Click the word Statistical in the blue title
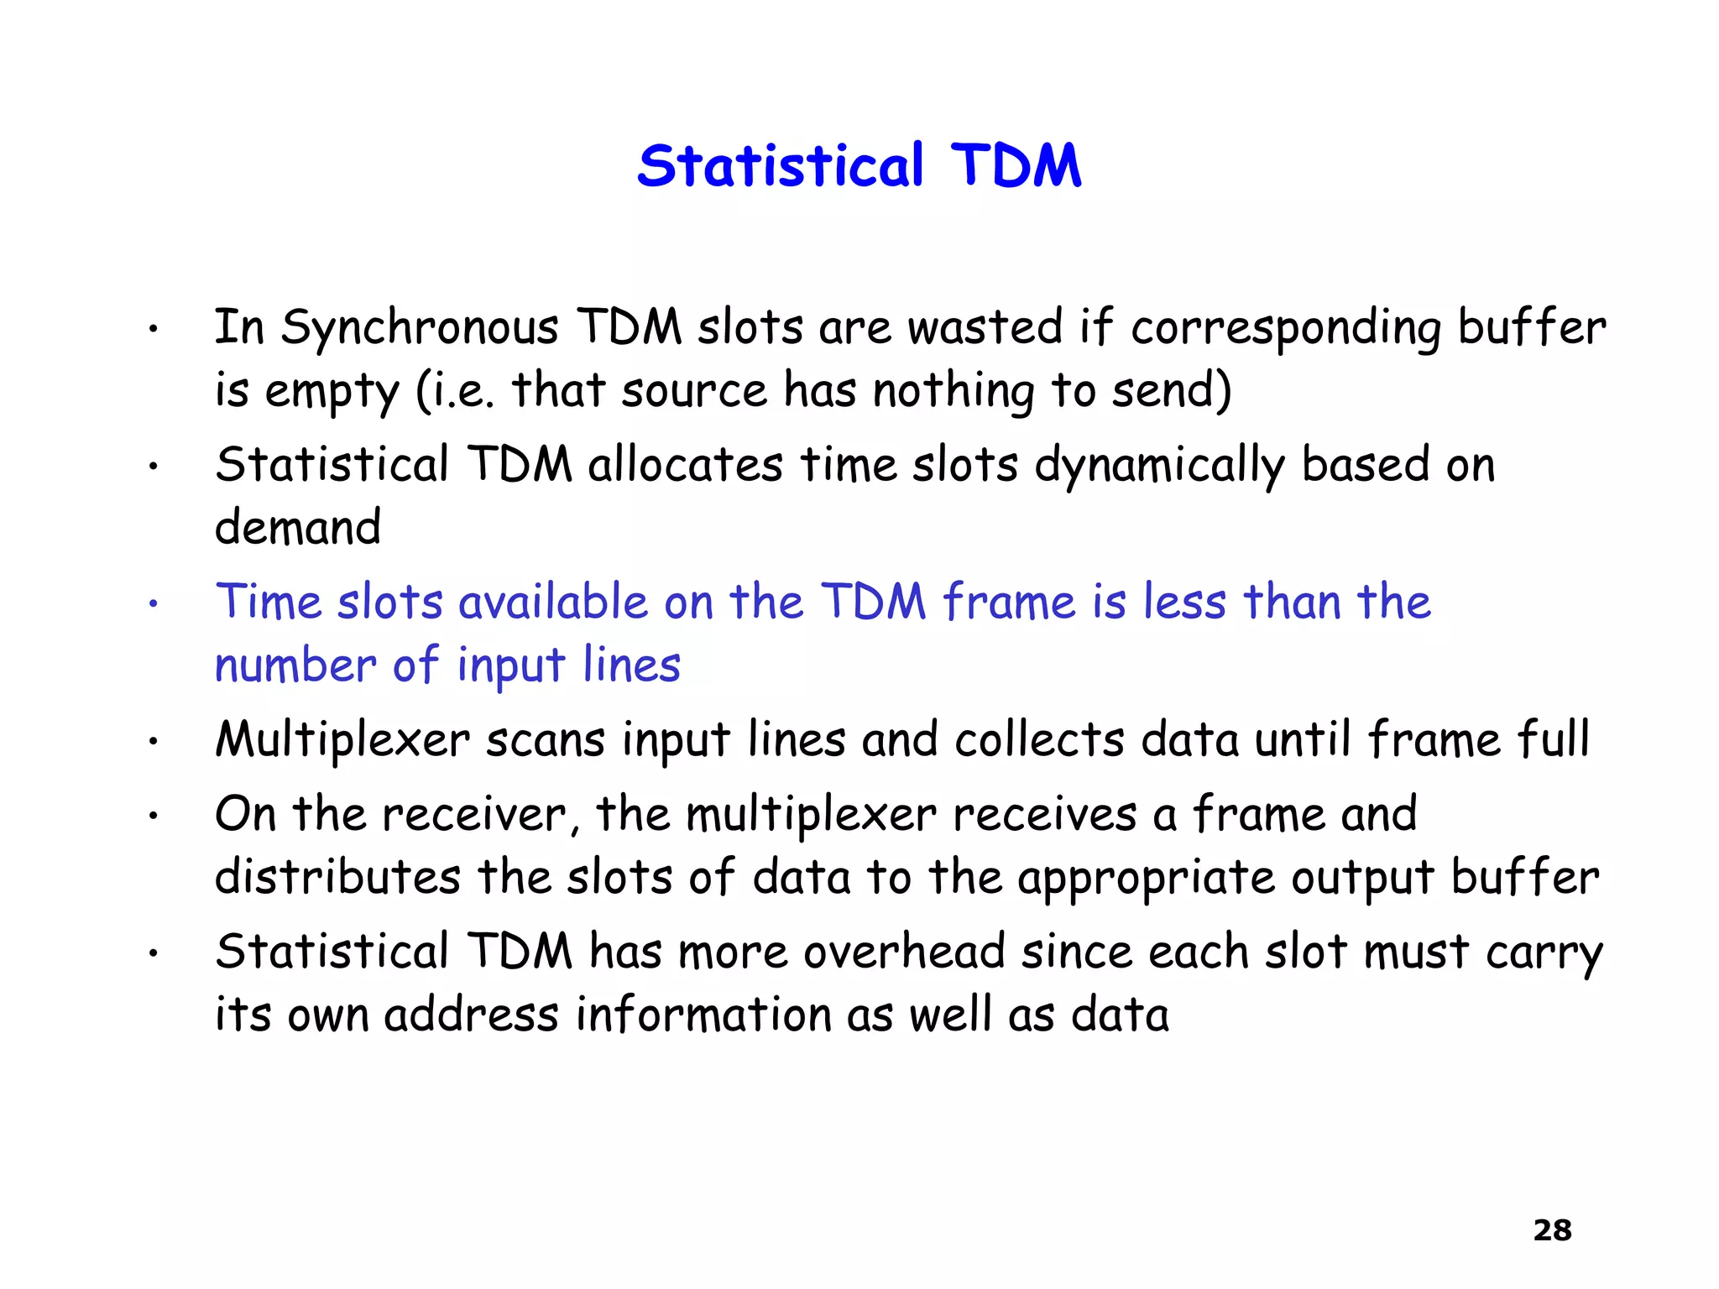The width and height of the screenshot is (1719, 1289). pyautogui.click(x=781, y=165)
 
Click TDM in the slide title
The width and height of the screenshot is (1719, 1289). pyautogui.click(x=1016, y=165)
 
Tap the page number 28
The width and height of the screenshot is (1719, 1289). pyautogui.click(x=1552, y=1230)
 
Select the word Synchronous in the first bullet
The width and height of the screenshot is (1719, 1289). pyautogui.click(x=419, y=328)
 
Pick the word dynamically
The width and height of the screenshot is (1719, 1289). pyautogui.click(x=1159, y=466)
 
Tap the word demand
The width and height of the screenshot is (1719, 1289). pyautogui.click(x=298, y=528)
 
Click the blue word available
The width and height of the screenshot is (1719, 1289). pyautogui.click(x=553, y=603)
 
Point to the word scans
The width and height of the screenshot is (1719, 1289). pyautogui.click(x=546, y=741)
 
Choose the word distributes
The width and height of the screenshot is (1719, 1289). pyautogui.click(x=337, y=878)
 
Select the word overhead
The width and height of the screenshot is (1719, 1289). pyautogui.click(x=904, y=952)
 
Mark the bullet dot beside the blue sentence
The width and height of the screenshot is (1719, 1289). pyautogui.click(x=153, y=603)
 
